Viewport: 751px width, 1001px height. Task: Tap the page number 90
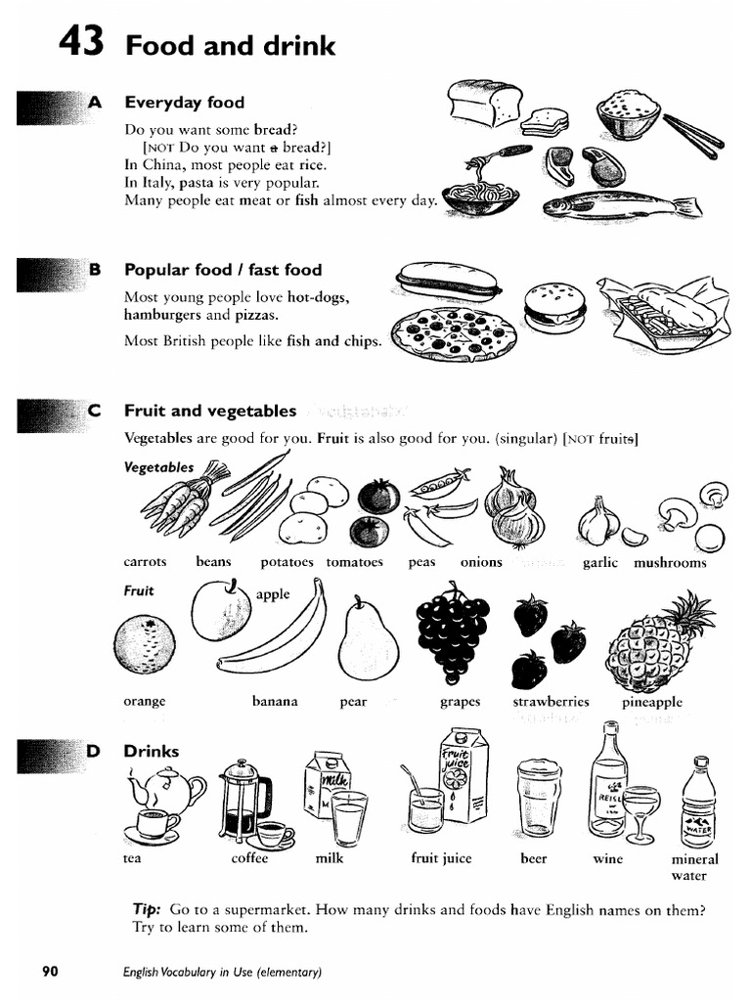point(50,972)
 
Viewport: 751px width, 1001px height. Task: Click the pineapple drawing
point(654,646)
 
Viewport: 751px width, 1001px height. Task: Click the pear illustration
point(367,641)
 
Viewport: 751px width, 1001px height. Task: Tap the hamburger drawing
point(554,307)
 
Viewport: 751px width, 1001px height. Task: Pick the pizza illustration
point(454,332)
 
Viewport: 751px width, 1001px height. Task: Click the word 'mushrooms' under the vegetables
point(670,563)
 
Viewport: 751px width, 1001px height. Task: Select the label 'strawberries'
point(552,702)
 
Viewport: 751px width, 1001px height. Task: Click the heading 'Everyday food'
point(184,103)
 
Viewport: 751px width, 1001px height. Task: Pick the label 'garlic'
point(600,563)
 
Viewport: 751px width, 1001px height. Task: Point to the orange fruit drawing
point(145,645)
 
